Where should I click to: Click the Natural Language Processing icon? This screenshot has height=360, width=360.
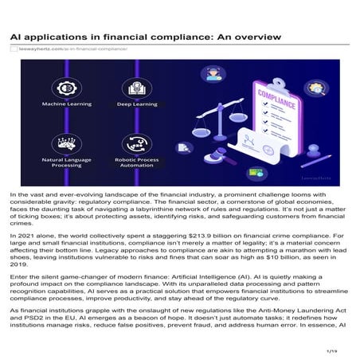point(65,144)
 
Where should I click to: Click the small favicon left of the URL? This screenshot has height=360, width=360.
point(14,49)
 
